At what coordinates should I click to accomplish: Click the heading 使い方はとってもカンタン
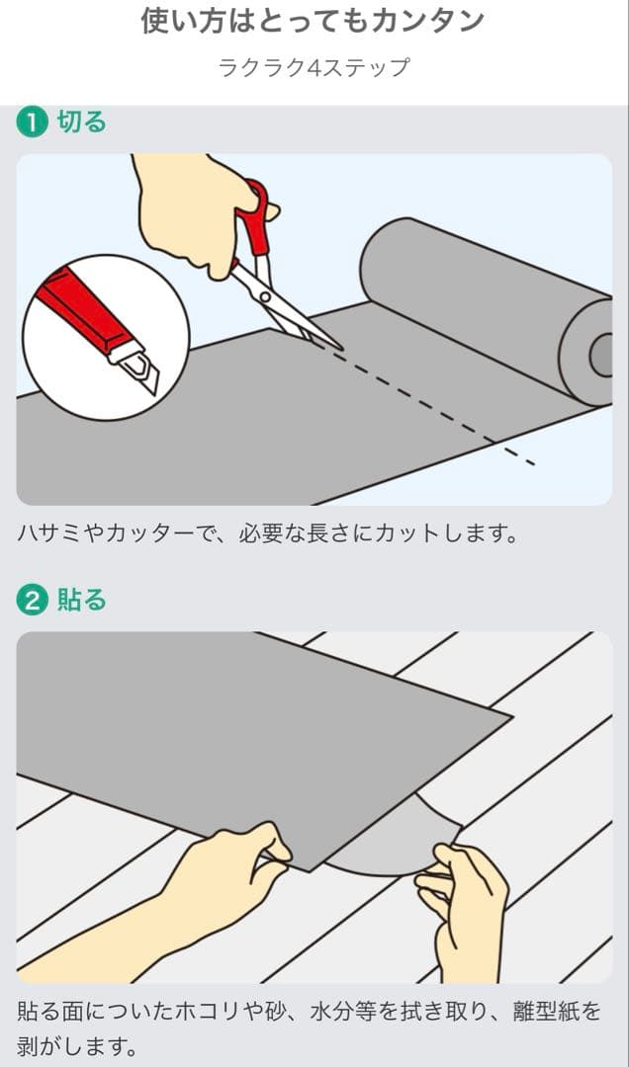(x=314, y=22)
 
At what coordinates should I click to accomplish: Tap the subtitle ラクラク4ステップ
(x=314, y=68)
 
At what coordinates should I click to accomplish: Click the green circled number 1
(x=32, y=123)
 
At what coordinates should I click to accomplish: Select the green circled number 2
(x=32, y=601)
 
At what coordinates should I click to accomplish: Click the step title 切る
(x=81, y=123)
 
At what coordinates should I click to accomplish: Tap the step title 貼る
(x=81, y=601)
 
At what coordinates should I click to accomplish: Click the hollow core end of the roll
(x=600, y=355)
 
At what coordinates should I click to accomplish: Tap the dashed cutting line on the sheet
(x=435, y=406)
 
